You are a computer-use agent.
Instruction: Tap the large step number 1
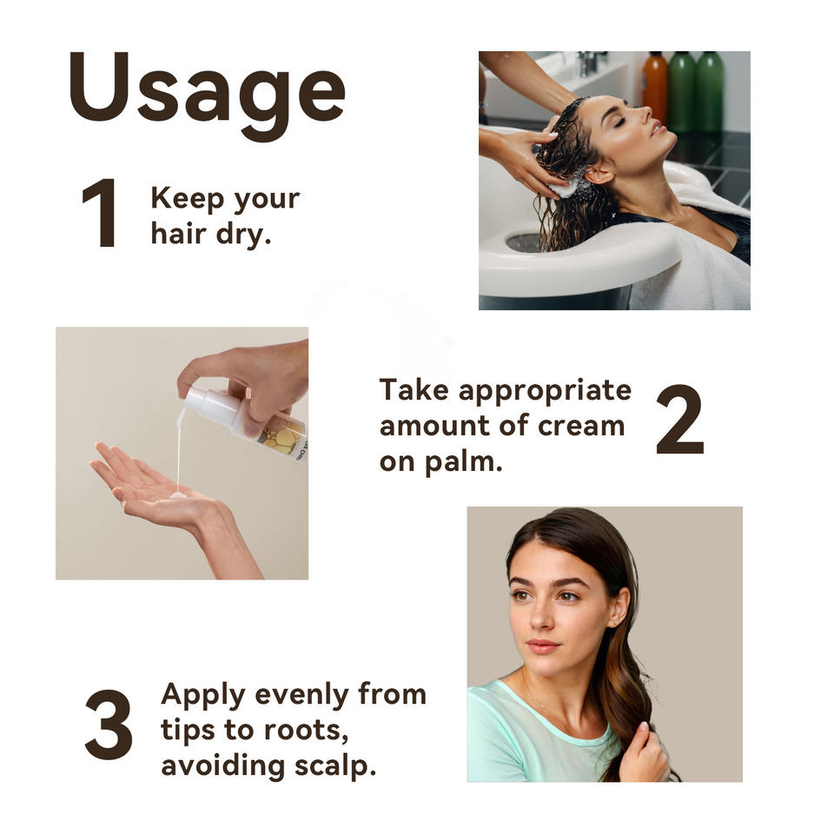coord(101,213)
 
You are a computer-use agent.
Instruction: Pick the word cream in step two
coord(581,426)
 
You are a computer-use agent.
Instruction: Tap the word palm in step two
coord(463,461)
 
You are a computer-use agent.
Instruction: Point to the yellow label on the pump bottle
coord(281,435)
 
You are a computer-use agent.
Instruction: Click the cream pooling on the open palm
coord(177,495)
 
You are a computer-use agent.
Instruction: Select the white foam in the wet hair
coord(564,188)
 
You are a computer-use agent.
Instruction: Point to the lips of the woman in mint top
coord(542,646)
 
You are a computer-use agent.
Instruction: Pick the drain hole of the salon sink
coord(525,242)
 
